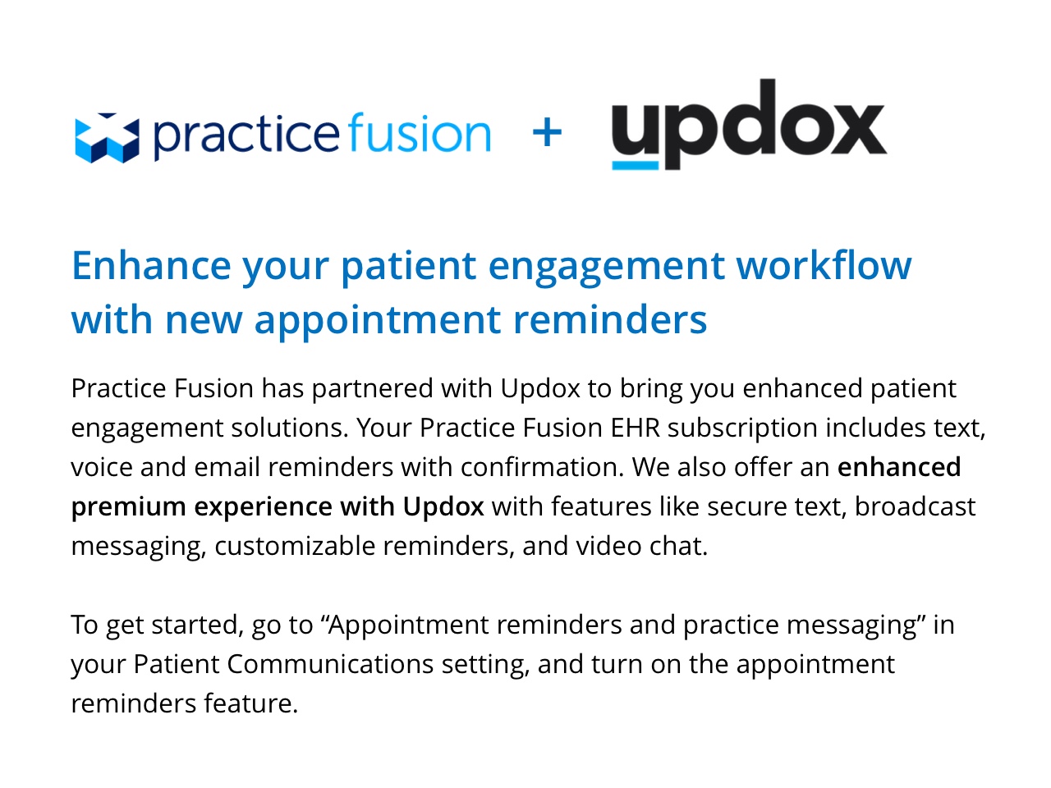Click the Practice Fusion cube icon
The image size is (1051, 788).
coord(108,138)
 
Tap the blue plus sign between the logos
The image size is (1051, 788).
coord(547,132)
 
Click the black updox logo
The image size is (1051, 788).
coord(749,124)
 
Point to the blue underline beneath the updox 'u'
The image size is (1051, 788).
coord(635,166)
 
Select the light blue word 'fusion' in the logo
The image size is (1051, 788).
coord(419,132)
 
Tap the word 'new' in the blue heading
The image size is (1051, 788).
coord(203,321)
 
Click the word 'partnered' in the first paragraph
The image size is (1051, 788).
coord(373,388)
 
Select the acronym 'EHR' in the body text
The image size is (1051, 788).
coord(635,428)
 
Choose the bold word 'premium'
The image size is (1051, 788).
coord(128,507)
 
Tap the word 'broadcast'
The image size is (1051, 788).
coord(915,506)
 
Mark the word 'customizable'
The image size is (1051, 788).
coord(295,545)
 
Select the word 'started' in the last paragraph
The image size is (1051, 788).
coord(195,625)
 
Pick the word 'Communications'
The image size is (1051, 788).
coord(330,664)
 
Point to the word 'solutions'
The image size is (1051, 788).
coord(289,428)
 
